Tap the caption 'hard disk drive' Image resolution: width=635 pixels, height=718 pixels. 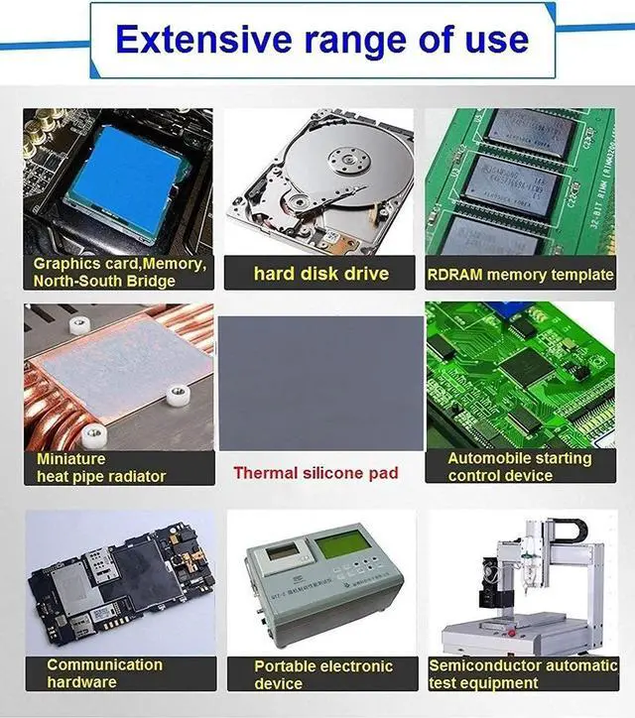320,273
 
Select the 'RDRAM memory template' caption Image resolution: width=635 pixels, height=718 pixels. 520,274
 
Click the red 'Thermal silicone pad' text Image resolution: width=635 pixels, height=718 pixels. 316,472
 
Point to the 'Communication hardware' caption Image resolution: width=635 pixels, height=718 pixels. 104,673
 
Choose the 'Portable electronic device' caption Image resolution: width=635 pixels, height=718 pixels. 322,674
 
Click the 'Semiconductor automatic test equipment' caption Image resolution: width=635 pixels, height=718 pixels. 523,674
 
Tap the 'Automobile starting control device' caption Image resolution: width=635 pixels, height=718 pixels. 519,467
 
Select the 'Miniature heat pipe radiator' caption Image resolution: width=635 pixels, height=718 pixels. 101,468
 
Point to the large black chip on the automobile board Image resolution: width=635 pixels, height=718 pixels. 523,370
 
